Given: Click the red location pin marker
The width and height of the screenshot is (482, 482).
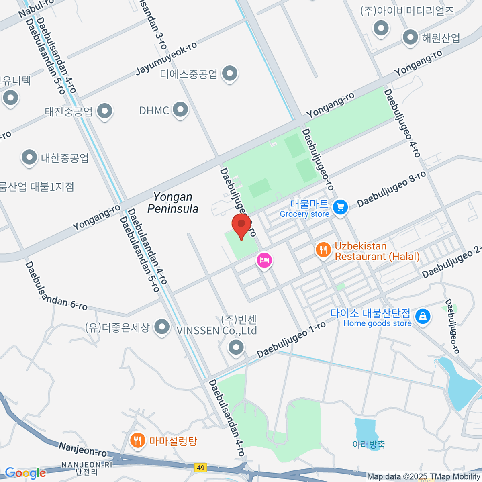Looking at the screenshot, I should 241,224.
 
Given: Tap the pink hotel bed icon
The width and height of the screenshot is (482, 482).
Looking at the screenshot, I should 264,260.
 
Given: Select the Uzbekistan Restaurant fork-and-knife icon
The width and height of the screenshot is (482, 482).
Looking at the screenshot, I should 323,250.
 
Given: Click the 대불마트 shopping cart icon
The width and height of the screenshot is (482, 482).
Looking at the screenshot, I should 341,207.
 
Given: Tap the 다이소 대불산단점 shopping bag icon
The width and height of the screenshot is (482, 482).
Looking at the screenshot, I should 423,316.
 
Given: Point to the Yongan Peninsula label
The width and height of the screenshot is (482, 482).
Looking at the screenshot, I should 173,203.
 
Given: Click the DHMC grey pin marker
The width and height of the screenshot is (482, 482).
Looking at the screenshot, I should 180,109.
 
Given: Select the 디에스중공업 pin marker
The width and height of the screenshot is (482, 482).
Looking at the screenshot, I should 230,74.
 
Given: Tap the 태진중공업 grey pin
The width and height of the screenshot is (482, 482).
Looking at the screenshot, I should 105,111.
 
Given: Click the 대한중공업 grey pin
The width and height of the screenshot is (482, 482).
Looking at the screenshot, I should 29,157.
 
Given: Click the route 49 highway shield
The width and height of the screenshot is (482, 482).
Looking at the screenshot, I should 201,468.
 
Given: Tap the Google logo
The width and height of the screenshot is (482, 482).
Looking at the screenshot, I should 25,473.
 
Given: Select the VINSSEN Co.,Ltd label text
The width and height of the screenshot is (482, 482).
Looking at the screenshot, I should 217,331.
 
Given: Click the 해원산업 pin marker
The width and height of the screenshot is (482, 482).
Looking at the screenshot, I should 411,37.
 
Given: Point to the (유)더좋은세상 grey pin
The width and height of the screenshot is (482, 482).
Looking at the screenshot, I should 162,327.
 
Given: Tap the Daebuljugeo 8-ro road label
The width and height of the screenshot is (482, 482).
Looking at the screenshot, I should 391,189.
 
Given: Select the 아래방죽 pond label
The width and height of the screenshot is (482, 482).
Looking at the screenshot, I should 369,444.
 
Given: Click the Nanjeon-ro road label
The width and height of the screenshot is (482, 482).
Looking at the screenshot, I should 83,449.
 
